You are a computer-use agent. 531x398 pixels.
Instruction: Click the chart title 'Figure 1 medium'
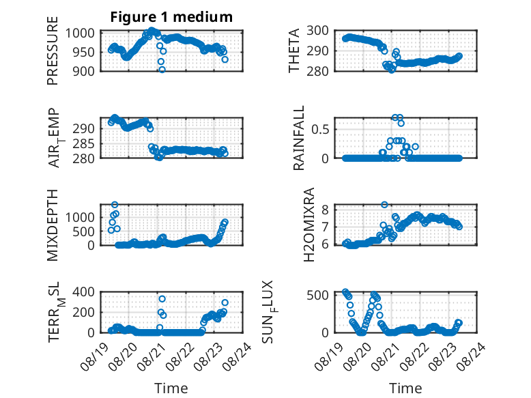click(171, 17)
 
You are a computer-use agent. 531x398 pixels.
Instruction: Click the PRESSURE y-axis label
click(53, 51)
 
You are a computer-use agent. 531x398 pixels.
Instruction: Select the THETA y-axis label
click(294, 51)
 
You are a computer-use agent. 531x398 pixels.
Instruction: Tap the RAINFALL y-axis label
click(299, 138)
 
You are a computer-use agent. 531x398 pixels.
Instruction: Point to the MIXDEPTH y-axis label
click(53, 225)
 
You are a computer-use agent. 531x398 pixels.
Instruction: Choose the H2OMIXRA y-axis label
click(309, 225)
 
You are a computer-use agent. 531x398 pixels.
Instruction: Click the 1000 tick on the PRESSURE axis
click(80, 33)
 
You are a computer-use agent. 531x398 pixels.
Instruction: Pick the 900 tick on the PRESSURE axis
click(83, 71)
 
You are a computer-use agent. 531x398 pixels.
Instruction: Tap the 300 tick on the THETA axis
click(317, 31)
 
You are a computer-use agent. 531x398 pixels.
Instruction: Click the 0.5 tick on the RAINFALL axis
click(320, 130)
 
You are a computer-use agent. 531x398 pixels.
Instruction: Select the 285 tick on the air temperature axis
click(83, 144)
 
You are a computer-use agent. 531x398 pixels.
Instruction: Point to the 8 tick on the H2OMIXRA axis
click(325, 210)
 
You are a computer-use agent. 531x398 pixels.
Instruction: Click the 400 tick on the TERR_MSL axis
click(83, 292)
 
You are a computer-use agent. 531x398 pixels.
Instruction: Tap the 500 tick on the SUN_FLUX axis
click(317, 295)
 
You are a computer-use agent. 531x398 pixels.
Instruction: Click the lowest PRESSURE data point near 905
click(162, 70)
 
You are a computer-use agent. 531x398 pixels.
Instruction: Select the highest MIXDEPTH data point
click(115, 205)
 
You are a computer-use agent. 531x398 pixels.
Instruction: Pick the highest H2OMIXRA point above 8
click(384, 205)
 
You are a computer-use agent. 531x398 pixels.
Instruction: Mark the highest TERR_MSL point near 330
click(162, 299)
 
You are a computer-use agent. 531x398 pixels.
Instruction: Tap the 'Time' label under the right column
click(405, 388)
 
